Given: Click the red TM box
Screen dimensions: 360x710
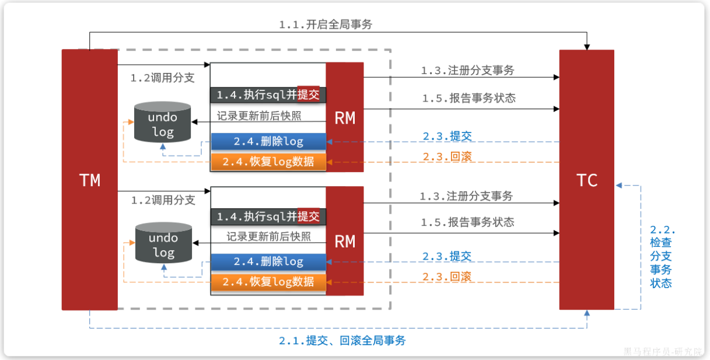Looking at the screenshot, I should tap(90, 180).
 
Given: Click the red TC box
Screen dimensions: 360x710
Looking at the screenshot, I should tap(586, 180).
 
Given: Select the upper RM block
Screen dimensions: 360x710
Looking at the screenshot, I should tap(345, 118).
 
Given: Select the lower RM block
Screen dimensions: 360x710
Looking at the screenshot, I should tap(345, 241).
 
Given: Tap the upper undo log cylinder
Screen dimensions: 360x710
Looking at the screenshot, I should tap(163, 123).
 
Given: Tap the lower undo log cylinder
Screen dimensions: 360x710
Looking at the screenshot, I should tap(163, 244).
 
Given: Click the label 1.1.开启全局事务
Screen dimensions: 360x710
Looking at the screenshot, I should tap(326, 25).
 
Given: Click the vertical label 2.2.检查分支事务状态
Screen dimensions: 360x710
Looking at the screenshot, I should tap(661, 257).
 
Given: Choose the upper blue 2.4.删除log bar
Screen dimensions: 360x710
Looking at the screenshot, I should tap(268, 142).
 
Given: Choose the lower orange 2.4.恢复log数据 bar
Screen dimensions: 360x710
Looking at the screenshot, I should tap(268, 282).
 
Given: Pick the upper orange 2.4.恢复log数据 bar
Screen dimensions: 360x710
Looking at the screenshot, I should tap(268, 162).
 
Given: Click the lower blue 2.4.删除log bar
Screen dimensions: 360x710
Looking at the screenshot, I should tap(268, 262).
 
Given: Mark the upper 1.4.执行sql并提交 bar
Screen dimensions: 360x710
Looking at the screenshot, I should tap(268, 95).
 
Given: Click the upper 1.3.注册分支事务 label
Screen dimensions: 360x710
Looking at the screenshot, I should tap(468, 71).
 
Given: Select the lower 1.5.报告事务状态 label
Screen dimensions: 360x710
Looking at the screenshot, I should tap(468, 222).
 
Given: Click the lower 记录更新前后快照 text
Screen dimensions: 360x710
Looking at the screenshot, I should tap(269, 237).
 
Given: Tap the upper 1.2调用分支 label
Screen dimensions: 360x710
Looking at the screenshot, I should tap(163, 78).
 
